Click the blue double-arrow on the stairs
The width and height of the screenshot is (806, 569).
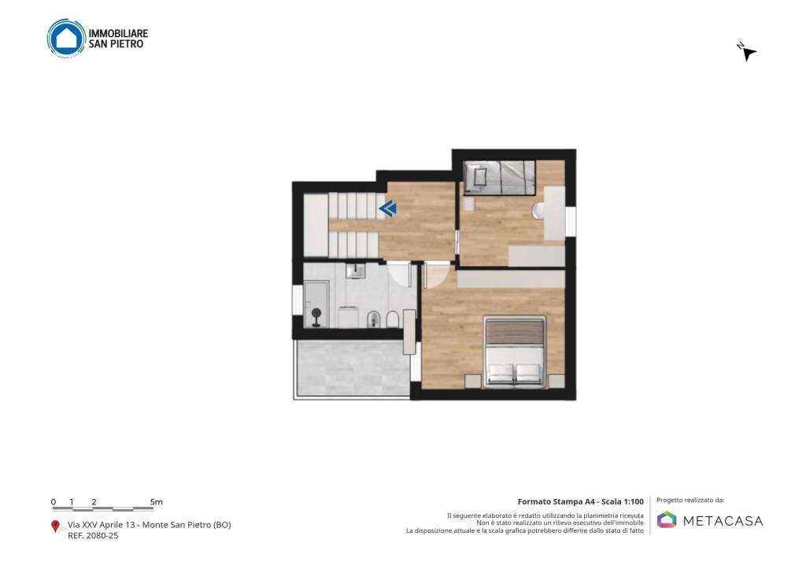coord(388,209)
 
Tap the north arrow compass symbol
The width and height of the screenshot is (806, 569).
coord(748,52)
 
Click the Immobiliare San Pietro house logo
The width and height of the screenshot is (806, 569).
coord(66,38)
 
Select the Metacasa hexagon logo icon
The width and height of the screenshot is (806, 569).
coord(667,519)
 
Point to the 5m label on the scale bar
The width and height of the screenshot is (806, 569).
coord(157,501)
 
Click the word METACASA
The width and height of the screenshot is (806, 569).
coord(723,521)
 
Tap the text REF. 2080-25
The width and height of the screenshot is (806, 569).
coord(93,536)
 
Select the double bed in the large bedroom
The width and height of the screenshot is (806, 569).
coord(514,352)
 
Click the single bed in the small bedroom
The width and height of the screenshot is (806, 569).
coord(499,178)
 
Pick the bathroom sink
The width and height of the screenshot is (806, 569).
coord(355,271)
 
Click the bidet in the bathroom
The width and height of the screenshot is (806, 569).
coord(374,320)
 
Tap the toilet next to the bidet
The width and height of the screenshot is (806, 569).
coord(392,320)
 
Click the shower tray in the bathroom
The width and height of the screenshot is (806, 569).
coord(316,304)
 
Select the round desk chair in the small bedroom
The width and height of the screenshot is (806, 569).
coord(538,211)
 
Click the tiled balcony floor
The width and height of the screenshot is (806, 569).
coord(353,368)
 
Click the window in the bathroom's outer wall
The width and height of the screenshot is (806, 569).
coord(297,300)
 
